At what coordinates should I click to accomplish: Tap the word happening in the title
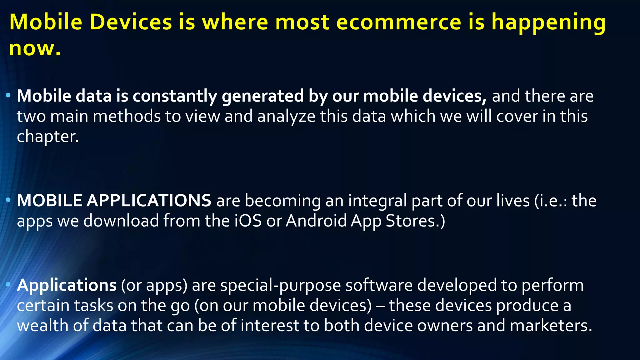pos(548,22)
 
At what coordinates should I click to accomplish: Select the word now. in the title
pos(35,48)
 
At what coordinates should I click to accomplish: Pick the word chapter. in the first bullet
pos(48,137)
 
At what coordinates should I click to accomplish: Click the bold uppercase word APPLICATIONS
pos(149,200)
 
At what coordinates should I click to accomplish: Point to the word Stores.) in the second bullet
pos(415,221)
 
